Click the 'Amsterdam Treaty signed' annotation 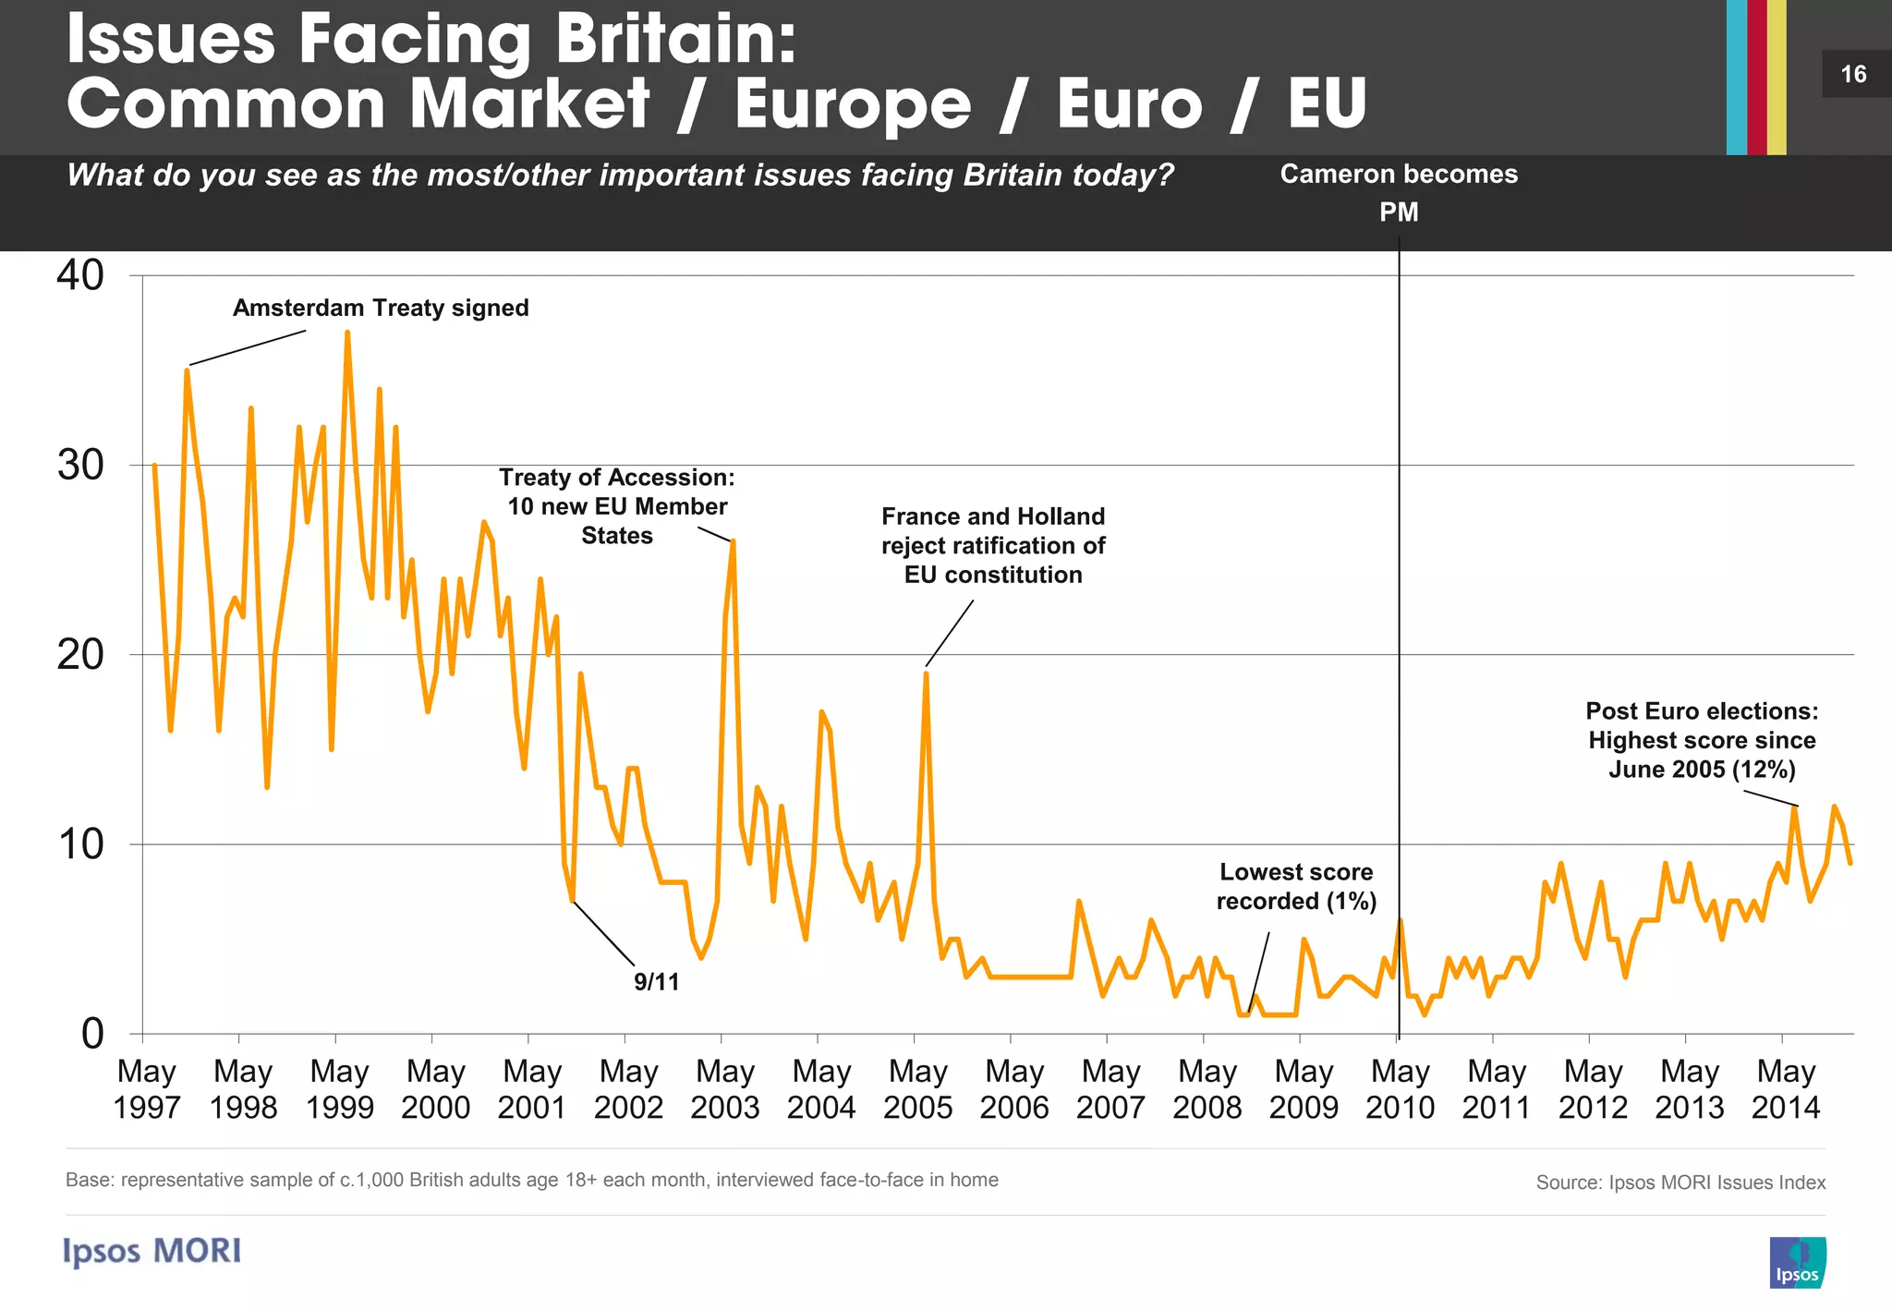[x=381, y=308]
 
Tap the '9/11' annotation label [x=656, y=982]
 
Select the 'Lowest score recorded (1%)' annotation [x=1296, y=886]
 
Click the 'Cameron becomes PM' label [x=1399, y=192]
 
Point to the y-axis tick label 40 [x=80, y=275]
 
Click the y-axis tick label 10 [x=80, y=844]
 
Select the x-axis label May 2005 [x=917, y=1089]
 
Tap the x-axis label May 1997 [x=146, y=1089]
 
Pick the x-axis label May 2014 [x=1786, y=1089]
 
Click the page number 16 [x=1853, y=75]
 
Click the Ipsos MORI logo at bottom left [x=152, y=1251]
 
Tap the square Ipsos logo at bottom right [x=1797, y=1262]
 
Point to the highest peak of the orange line [x=347, y=333]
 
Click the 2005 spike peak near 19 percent [x=926, y=673]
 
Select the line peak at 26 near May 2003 [x=733, y=542]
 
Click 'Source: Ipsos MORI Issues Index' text [x=1680, y=1183]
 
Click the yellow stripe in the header [x=1777, y=77]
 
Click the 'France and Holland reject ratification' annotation [x=993, y=545]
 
